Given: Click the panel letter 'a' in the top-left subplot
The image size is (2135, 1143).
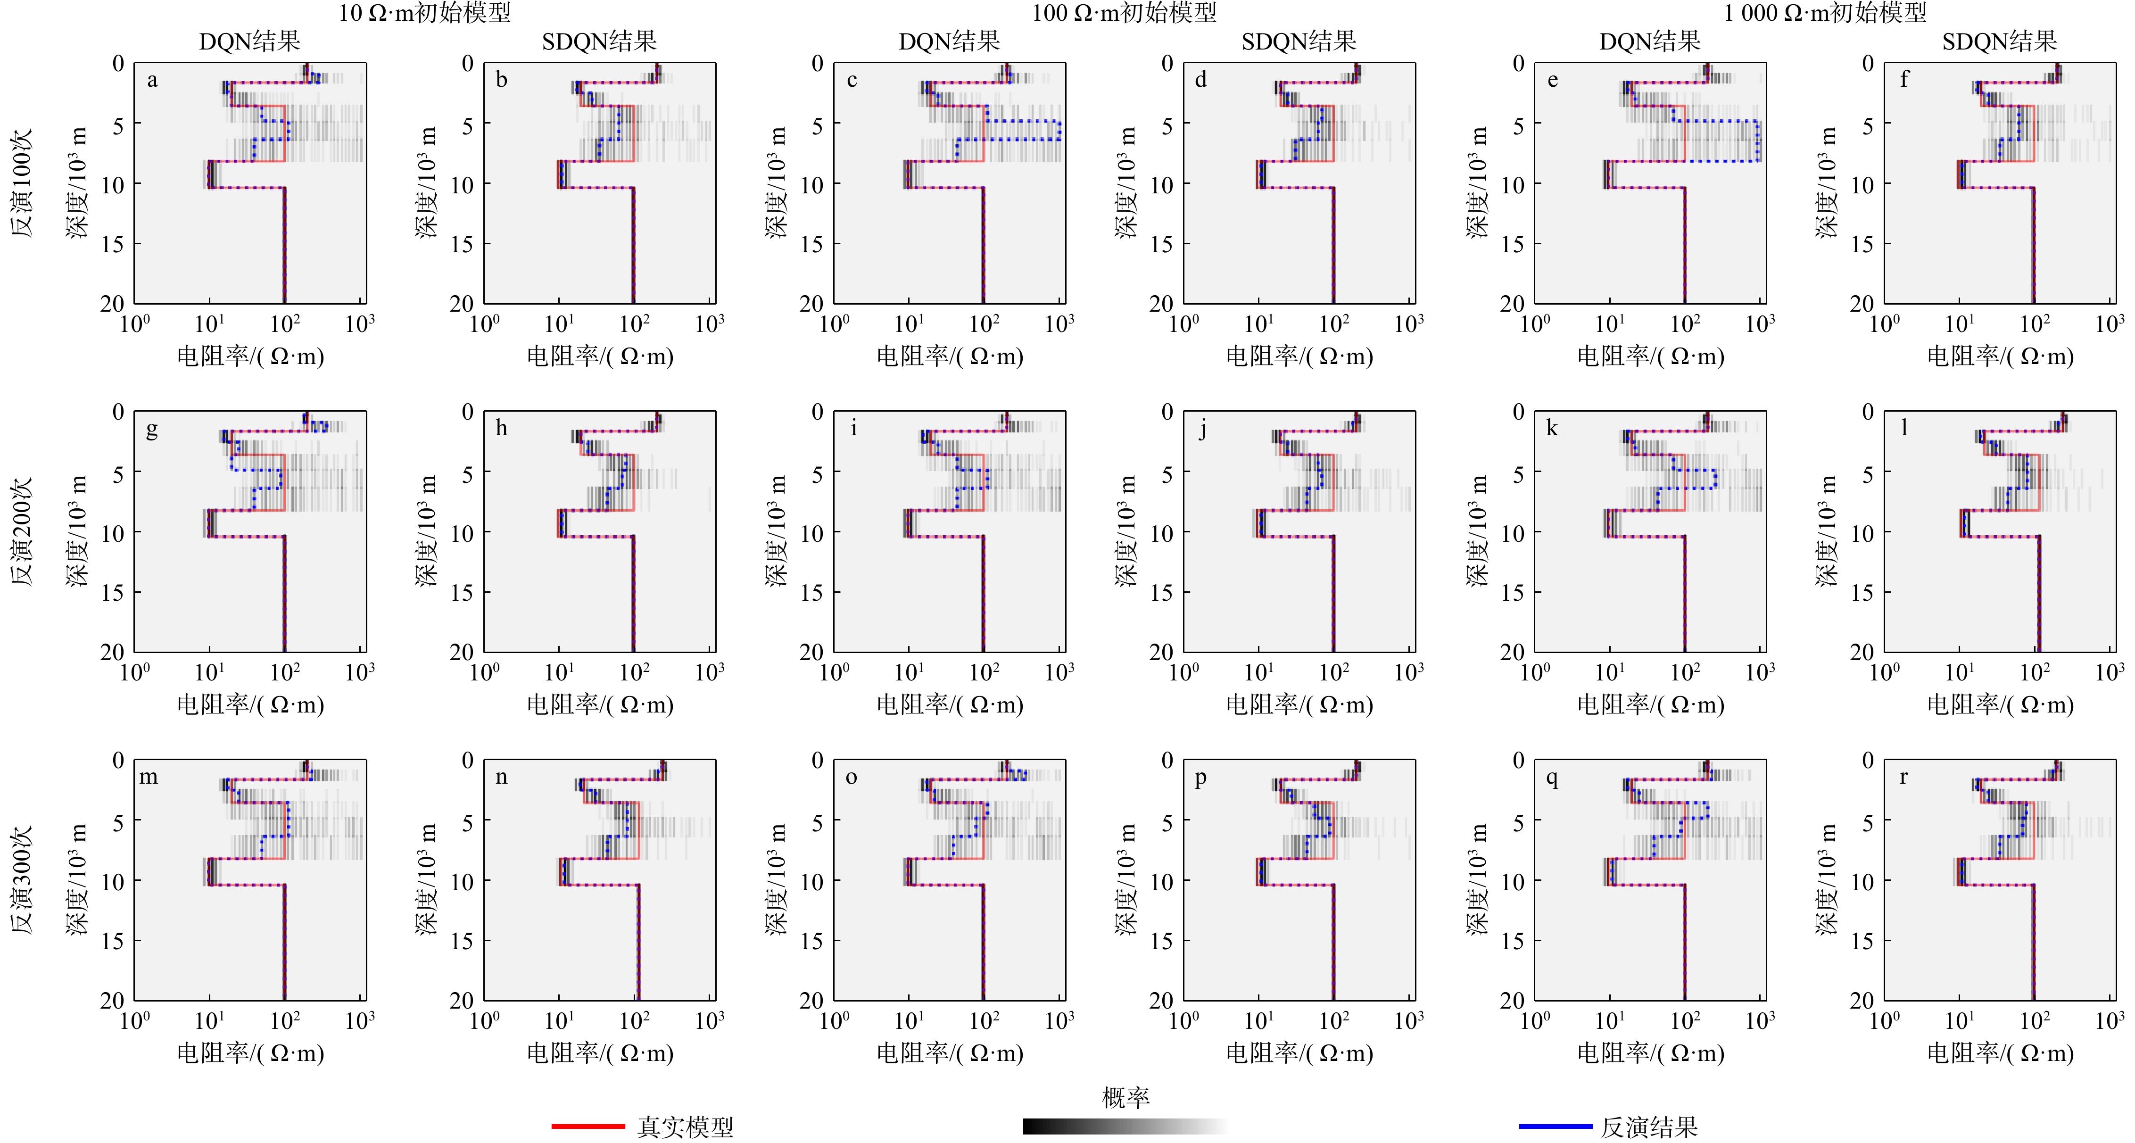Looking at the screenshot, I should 152,81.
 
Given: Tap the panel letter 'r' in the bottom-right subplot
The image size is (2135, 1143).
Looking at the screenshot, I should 1904,778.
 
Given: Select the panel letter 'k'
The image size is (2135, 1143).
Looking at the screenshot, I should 1552,429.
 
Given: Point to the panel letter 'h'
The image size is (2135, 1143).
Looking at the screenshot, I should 501,429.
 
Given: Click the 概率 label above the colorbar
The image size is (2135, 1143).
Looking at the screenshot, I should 1125,1098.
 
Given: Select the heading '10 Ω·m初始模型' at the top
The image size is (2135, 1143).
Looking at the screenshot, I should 424,12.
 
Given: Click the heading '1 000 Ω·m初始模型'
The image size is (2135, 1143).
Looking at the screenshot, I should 1825,12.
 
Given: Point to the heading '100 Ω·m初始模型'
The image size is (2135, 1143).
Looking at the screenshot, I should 1124,12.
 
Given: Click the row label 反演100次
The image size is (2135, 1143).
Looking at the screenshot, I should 22,182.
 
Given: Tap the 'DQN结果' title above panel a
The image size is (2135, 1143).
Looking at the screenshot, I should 249,41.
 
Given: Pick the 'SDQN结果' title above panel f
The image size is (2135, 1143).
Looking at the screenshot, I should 1999,41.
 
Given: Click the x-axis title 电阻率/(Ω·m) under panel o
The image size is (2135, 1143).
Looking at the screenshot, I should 950,1053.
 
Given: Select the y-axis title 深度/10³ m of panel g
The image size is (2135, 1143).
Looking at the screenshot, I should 78,531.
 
